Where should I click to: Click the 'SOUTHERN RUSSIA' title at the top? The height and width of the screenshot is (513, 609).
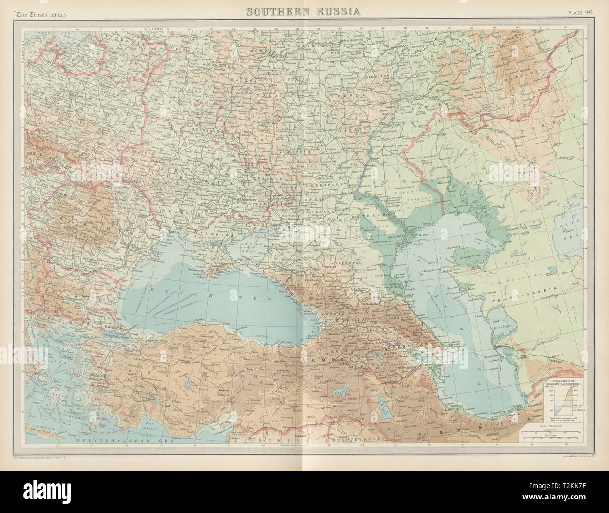point(304,11)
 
